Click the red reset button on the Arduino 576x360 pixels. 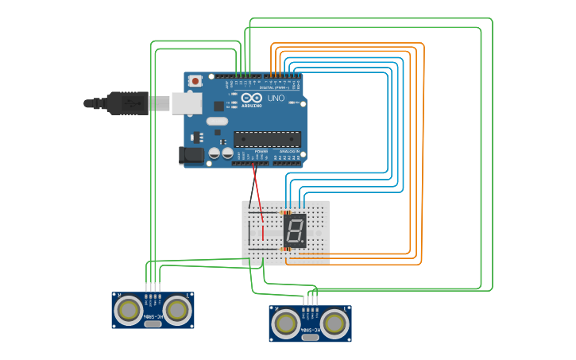[x=195, y=81]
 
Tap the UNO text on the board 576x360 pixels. [x=276, y=99]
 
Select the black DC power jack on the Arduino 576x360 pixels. [x=191, y=156]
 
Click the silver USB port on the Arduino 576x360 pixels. [x=186, y=103]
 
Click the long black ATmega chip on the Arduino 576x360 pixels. [x=267, y=139]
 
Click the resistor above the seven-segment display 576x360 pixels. [x=287, y=212]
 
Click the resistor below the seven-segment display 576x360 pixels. [x=286, y=249]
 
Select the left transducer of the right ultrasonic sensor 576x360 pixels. [x=285, y=323]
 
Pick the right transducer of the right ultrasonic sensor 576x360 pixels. [x=334, y=323]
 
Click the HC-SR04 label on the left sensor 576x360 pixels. [x=153, y=317]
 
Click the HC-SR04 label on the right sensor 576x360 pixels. [x=310, y=330]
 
